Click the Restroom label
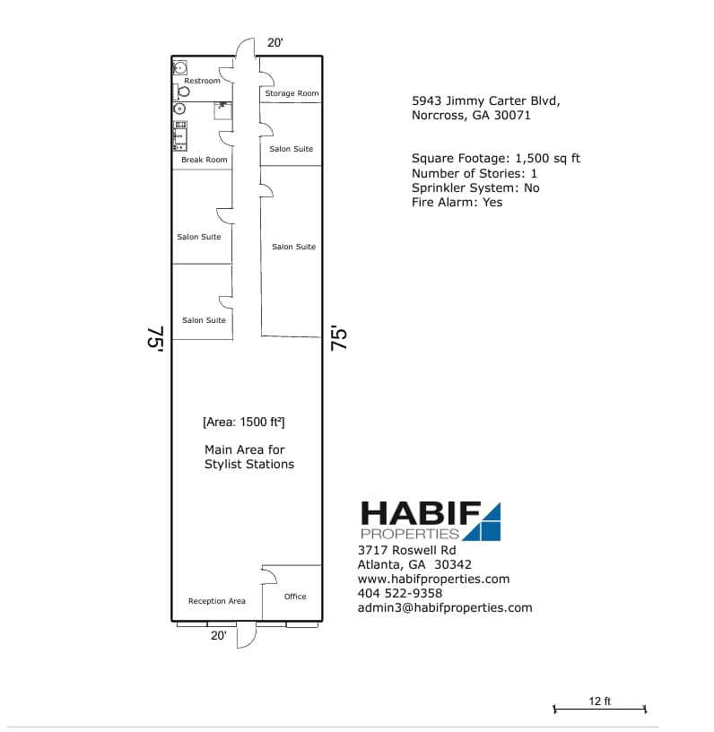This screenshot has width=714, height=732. [x=202, y=81]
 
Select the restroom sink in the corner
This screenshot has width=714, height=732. [x=179, y=66]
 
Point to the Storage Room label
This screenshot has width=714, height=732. [x=292, y=93]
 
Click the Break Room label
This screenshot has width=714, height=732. [x=205, y=160]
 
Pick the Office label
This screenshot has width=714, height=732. [x=295, y=597]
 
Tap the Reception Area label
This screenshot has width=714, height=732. [x=216, y=601]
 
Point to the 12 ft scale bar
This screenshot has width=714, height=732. [x=600, y=709]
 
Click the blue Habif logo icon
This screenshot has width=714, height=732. [x=481, y=522]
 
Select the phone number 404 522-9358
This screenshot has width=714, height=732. [x=399, y=593]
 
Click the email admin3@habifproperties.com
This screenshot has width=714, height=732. [x=444, y=607]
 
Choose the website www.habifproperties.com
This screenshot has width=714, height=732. [x=433, y=579]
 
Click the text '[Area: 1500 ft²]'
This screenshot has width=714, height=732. [x=244, y=422]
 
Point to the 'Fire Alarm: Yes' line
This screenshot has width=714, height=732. [x=457, y=202]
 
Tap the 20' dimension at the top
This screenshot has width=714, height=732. [x=275, y=42]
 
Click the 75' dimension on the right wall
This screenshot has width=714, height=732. [x=339, y=338]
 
